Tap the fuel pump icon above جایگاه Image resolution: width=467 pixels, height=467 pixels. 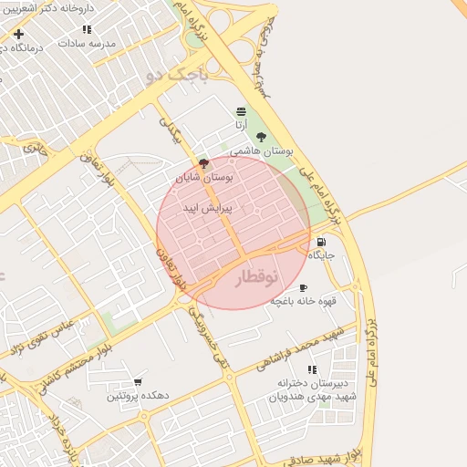(x=320, y=243)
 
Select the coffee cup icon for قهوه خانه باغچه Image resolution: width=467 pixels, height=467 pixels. (x=303, y=288)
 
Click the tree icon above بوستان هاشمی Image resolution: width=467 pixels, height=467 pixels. (x=262, y=137)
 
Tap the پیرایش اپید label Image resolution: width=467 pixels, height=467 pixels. (x=208, y=208)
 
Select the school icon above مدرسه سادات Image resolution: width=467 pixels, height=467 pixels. (x=87, y=30)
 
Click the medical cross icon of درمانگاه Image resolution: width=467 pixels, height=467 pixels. (x=18, y=34)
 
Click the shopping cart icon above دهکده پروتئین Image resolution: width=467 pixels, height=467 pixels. (x=138, y=382)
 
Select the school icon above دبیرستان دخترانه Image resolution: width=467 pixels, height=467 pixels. (x=312, y=369)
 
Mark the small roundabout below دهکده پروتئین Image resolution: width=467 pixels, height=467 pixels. (x=142, y=417)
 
